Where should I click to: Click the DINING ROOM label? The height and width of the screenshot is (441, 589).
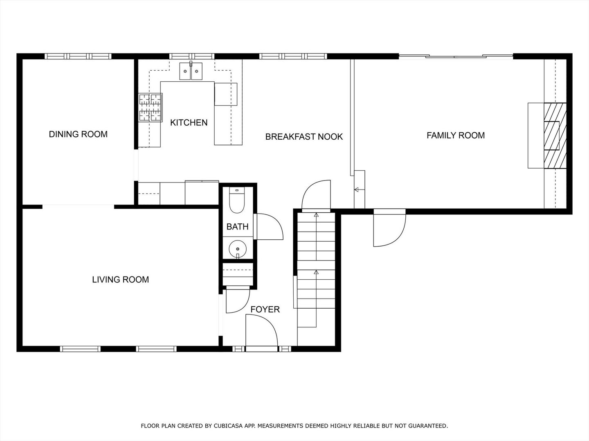tap(78, 134)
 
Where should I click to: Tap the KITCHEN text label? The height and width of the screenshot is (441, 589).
tap(189, 122)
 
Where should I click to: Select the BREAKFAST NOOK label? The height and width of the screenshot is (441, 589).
tap(304, 137)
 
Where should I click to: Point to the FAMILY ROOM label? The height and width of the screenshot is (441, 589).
tap(455, 136)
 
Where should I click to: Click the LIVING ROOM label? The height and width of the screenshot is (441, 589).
tap(120, 280)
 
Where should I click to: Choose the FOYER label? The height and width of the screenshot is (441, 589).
tap(265, 310)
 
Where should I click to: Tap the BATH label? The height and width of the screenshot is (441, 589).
tap(237, 227)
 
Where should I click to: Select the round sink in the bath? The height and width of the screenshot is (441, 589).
tap(237, 248)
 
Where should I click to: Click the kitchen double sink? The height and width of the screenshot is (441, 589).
tap(191, 72)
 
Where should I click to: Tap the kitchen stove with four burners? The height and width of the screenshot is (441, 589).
tap(150, 107)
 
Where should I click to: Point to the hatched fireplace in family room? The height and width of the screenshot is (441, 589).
tap(555, 136)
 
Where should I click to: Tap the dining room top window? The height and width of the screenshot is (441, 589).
tap(78, 56)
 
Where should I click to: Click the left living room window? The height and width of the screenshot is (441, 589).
tap(80, 349)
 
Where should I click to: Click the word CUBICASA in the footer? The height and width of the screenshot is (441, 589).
tap(226, 426)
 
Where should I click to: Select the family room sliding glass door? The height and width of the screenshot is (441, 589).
tap(456, 56)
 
